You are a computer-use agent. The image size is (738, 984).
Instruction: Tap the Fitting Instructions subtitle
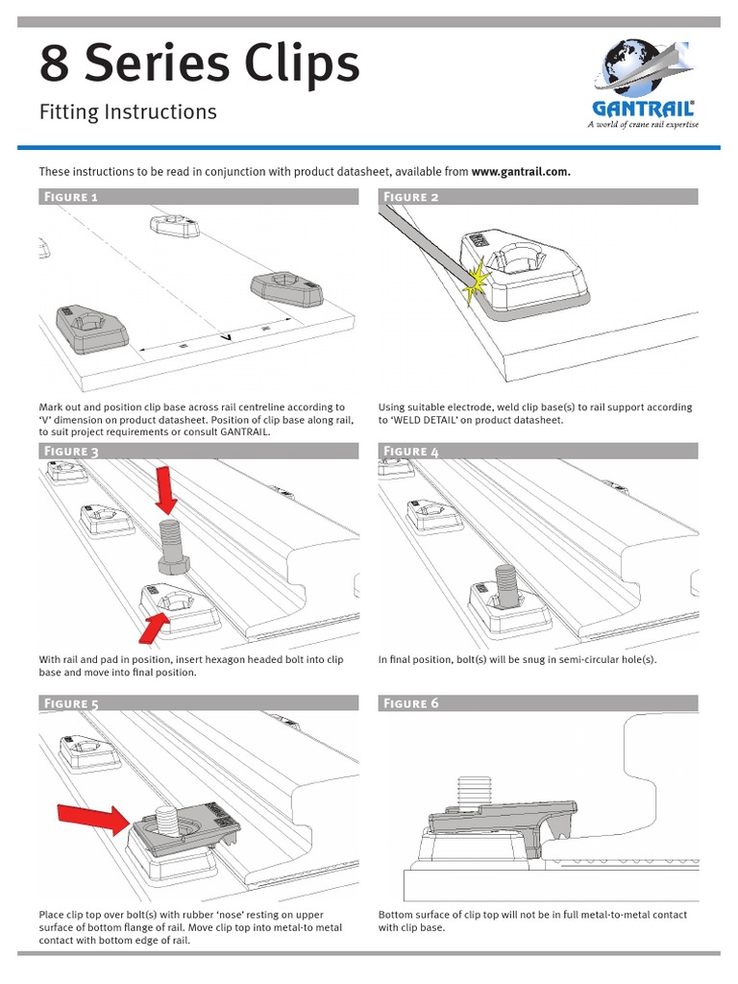pyautogui.click(x=127, y=112)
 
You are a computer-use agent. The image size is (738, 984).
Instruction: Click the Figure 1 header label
pyautogui.click(x=68, y=198)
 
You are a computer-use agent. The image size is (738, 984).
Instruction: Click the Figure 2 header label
pyautogui.click(x=411, y=198)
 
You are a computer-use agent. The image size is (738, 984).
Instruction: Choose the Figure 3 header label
pyautogui.click(x=68, y=452)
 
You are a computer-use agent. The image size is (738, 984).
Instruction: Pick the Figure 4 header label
pyautogui.click(x=411, y=452)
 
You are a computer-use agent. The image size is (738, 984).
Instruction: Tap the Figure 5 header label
pyautogui.click(x=68, y=704)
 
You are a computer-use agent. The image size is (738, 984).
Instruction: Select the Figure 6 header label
pyautogui.click(x=411, y=704)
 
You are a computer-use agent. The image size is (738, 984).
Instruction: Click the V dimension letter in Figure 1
pyautogui.click(x=227, y=336)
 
